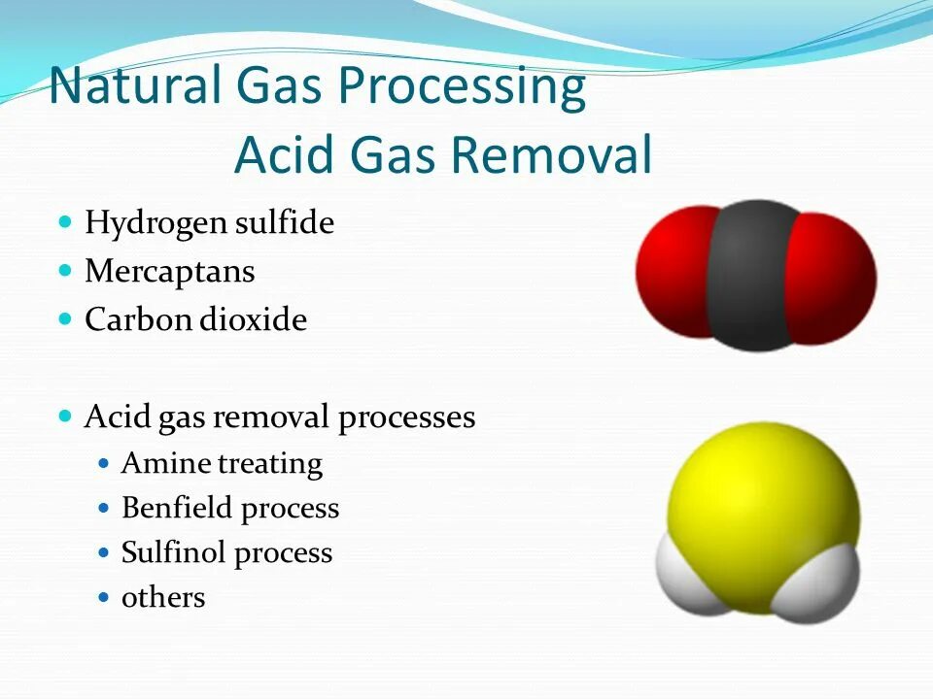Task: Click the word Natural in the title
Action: click(x=135, y=85)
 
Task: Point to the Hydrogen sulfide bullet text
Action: click(x=209, y=223)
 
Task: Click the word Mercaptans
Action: click(x=169, y=271)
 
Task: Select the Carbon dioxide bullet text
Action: click(x=195, y=319)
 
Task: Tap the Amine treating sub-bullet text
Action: click(x=221, y=463)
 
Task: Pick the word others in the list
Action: click(x=162, y=597)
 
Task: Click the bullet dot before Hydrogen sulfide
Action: click(x=66, y=222)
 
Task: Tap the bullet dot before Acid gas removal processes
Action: click(x=66, y=416)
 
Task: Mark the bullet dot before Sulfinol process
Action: click(x=106, y=552)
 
